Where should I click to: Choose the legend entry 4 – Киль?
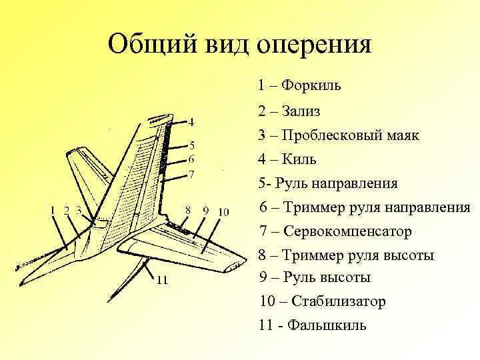pos(287,159)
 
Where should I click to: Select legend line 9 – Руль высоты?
pos(315,277)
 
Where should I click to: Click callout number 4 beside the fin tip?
pos(191,123)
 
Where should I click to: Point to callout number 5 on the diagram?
pos(191,145)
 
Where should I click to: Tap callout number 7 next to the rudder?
pos(191,175)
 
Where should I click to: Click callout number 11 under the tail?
pos(161,280)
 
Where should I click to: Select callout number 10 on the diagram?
pos(223,211)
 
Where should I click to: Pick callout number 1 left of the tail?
pos(53,211)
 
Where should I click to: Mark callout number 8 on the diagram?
pos(188,211)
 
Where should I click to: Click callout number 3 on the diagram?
pos(79,211)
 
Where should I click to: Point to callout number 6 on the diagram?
pos(191,159)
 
